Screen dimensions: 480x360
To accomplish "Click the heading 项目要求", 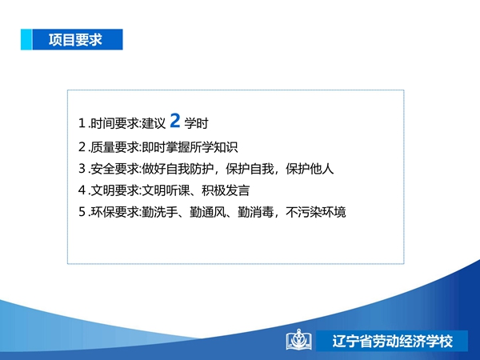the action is (x=75, y=40).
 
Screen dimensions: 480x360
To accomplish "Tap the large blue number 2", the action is (x=175, y=120).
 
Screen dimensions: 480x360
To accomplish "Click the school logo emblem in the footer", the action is (x=298, y=340).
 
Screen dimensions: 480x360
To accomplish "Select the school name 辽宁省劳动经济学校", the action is (x=393, y=342).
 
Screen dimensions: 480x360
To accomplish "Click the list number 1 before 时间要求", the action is (x=82, y=123).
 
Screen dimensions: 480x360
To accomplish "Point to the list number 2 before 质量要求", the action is (x=82, y=147).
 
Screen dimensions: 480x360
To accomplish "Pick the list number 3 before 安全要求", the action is (x=82, y=169).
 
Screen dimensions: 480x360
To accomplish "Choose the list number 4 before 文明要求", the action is (x=82, y=190).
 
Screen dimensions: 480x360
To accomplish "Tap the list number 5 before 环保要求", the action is (x=82, y=212).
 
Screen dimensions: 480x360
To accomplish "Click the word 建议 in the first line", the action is (x=154, y=123).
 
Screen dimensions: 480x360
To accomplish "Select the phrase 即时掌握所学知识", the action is (x=190, y=147).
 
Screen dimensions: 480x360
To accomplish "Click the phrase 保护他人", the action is (x=310, y=169).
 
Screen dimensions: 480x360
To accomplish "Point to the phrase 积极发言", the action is (x=226, y=190).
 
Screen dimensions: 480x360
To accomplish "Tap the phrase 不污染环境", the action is (x=316, y=212).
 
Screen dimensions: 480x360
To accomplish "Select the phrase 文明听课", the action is (x=166, y=190).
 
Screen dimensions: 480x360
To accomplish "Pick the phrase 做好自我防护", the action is (x=178, y=169).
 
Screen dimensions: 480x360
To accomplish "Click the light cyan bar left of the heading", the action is (x=26, y=39).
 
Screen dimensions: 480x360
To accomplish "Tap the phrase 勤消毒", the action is (x=256, y=212).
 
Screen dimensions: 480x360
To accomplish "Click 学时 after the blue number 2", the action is (x=196, y=123).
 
